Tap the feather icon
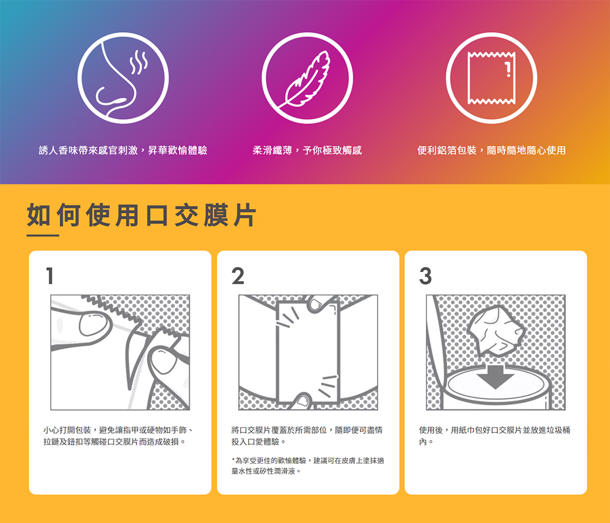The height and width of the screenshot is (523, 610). coord(307,78)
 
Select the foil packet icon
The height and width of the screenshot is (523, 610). coord(491,78)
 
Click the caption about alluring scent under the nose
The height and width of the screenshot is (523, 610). coord(123,150)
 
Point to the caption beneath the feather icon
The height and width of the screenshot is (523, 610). coord(307,150)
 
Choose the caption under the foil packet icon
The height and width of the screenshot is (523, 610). coord(491,150)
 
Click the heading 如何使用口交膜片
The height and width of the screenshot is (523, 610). coord(141,215)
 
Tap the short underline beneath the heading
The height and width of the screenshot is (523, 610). coord(43,235)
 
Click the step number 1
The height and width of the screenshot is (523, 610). coord(49,276)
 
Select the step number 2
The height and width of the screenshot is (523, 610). coord(238,276)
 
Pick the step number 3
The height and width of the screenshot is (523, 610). coord(426,276)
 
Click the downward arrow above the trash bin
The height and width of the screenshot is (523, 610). coord(495,377)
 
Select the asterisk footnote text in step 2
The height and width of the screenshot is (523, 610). coord(307,466)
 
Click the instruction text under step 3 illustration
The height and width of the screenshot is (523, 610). coord(494,436)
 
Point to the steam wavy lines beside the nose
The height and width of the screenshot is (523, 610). coord(139,62)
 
